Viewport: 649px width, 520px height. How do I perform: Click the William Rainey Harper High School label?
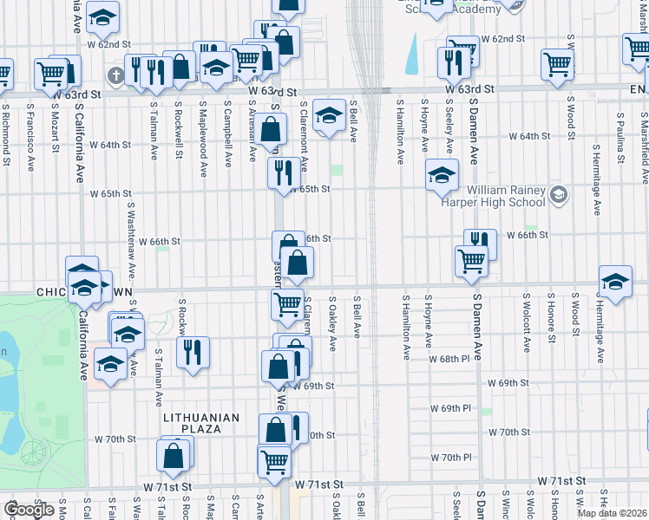click(x=506, y=196)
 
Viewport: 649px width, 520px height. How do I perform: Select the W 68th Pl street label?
click(x=452, y=358)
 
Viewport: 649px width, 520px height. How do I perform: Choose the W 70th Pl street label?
click(x=451, y=457)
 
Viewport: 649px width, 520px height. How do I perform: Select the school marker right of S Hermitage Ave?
click(x=615, y=281)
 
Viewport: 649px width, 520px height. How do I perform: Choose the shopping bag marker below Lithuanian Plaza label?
click(x=174, y=453)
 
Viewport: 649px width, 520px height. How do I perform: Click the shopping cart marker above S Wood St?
click(x=557, y=62)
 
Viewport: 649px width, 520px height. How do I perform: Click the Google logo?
click(x=29, y=510)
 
